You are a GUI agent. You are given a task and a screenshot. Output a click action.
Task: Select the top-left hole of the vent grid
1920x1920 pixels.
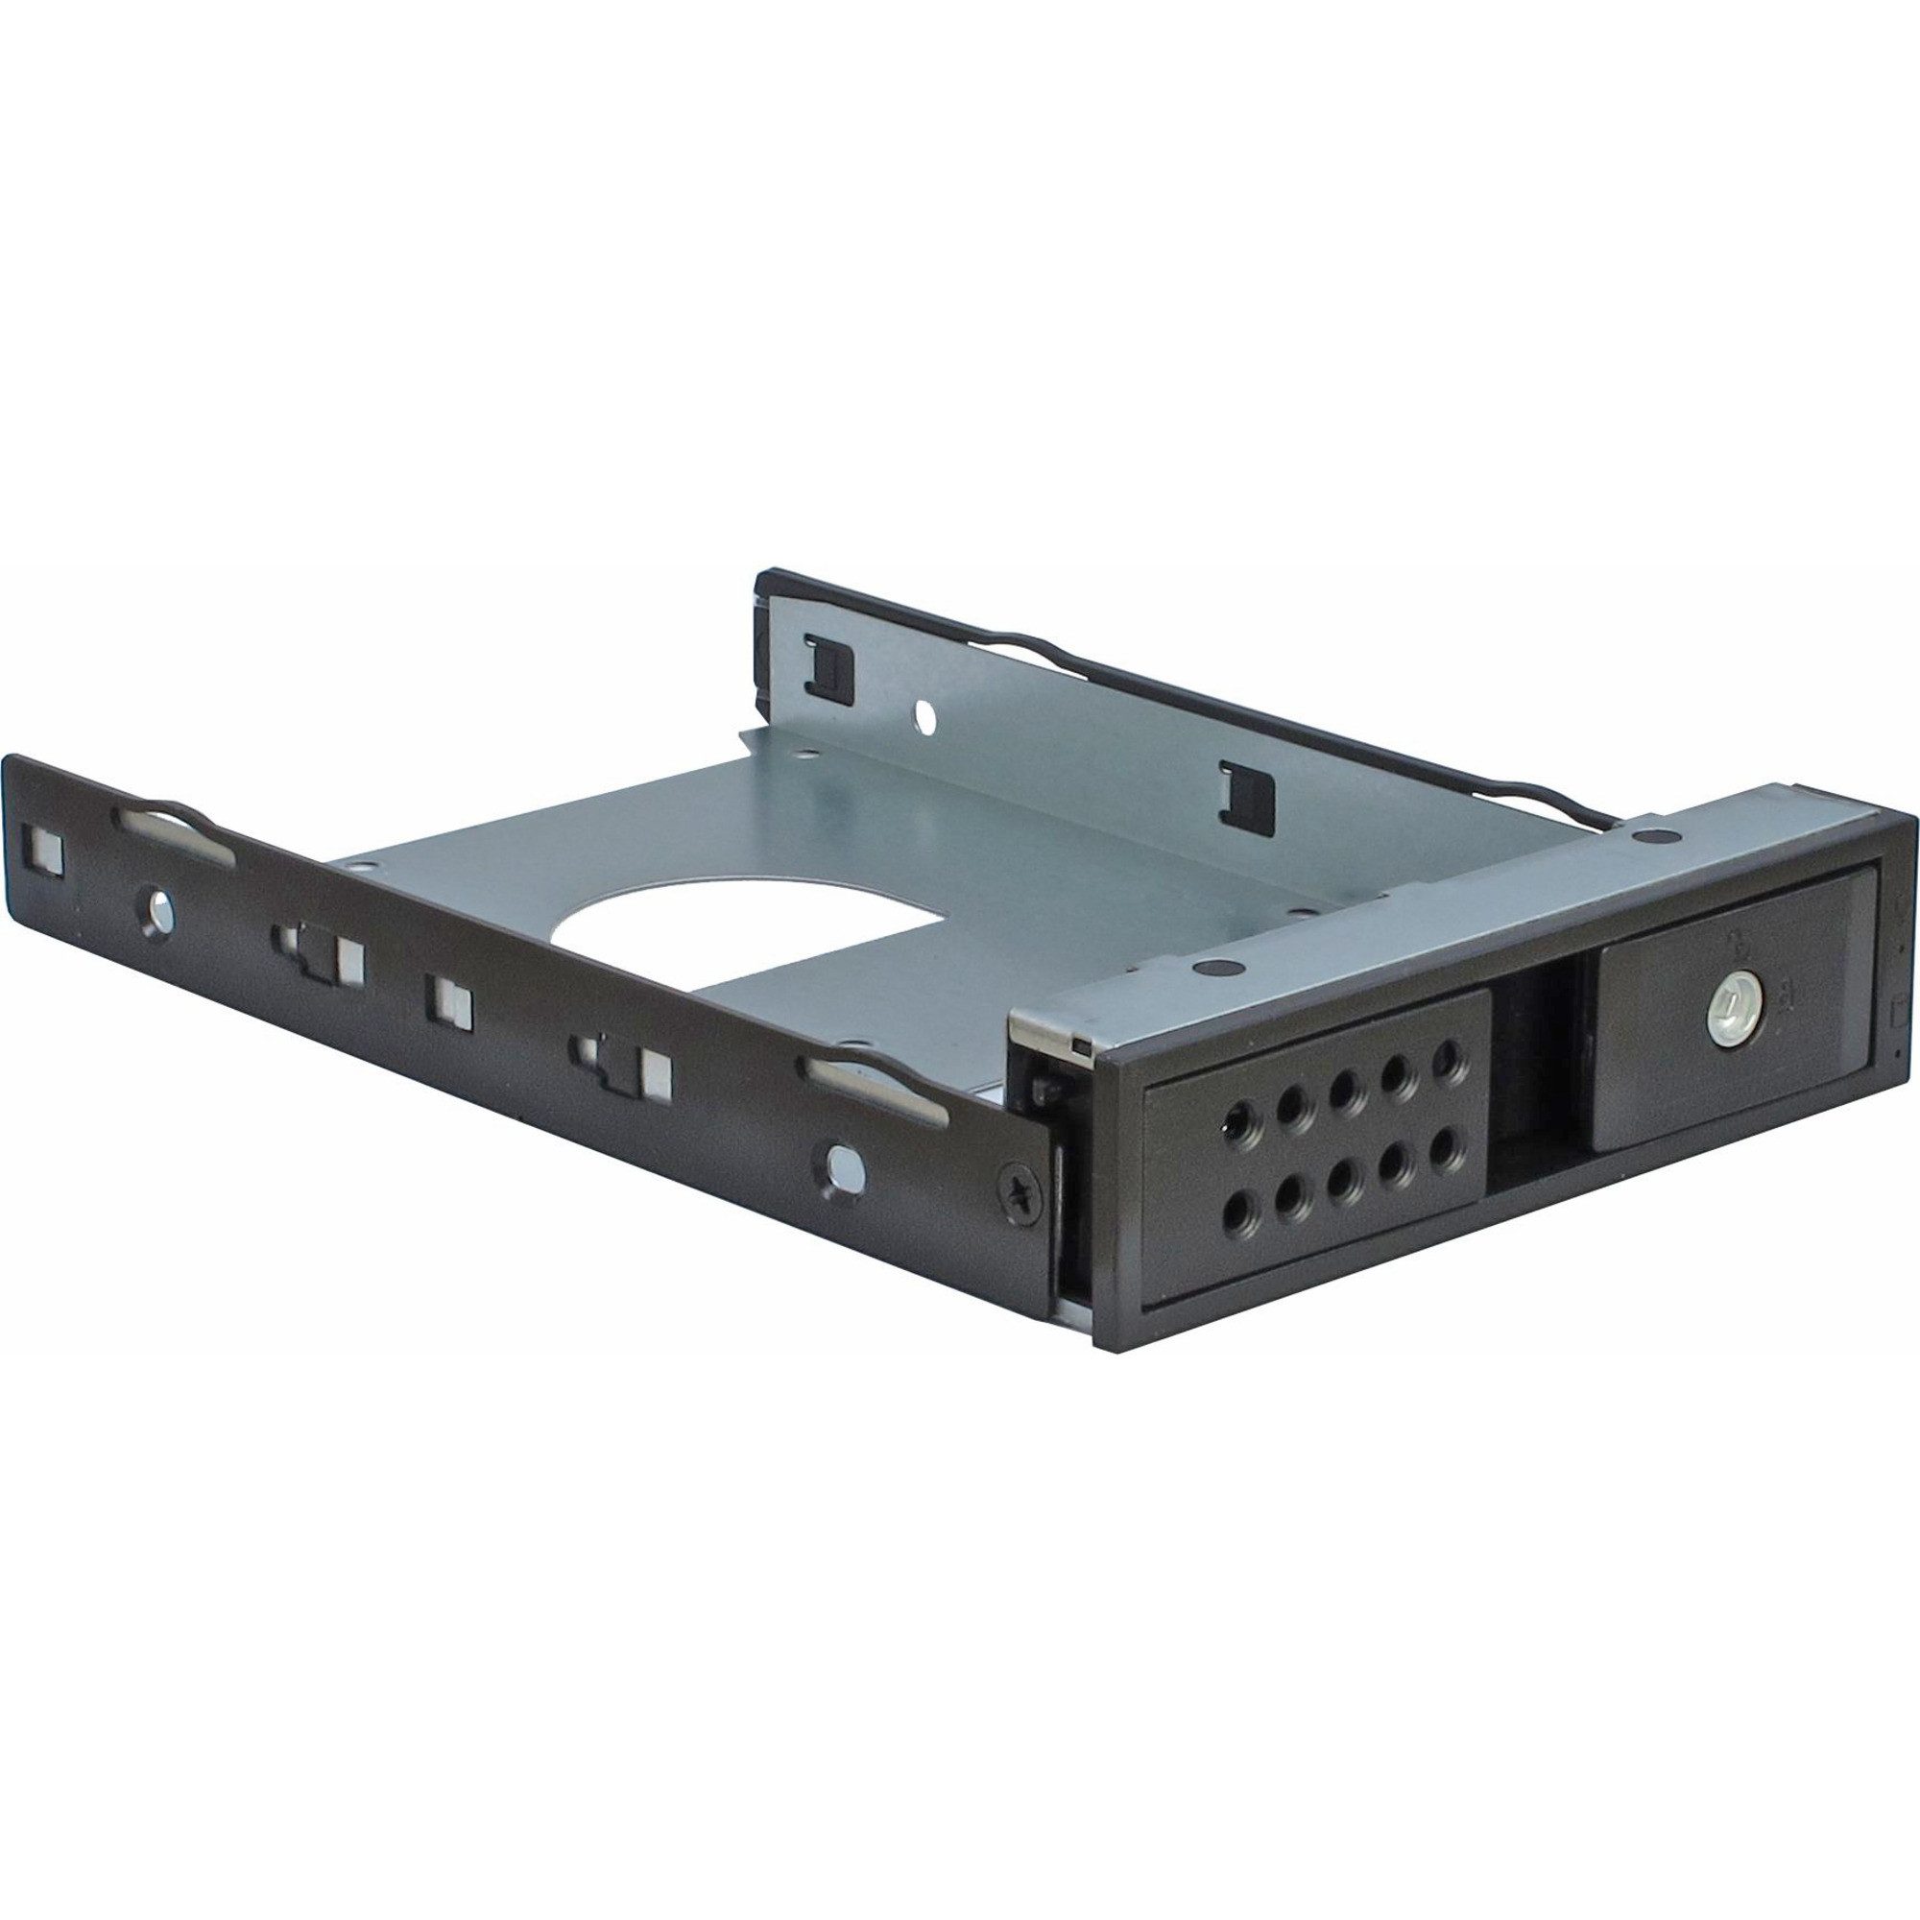coord(1240,1123)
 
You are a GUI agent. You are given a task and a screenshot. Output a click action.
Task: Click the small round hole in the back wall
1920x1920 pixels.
coord(924,712)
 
